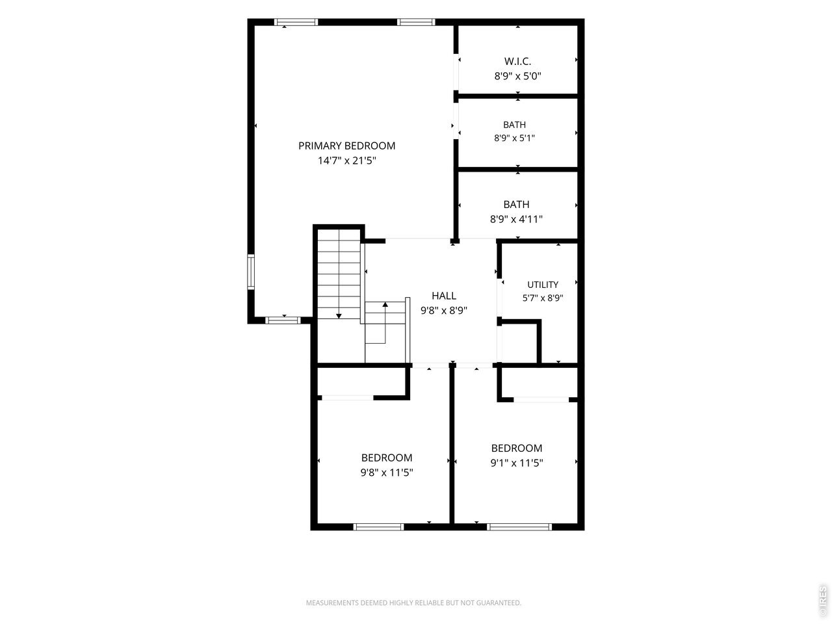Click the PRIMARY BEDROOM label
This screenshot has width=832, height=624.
pyautogui.click(x=346, y=146)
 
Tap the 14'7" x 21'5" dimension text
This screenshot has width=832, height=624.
pyautogui.click(x=346, y=161)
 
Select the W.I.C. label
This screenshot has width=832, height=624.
pyautogui.click(x=517, y=61)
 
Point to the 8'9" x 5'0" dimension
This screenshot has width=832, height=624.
pyautogui.click(x=517, y=76)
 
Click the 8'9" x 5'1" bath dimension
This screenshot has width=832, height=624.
pyautogui.click(x=514, y=138)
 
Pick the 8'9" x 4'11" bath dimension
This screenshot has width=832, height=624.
pyautogui.click(x=516, y=219)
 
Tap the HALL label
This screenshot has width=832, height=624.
pyautogui.click(x=444, y=296)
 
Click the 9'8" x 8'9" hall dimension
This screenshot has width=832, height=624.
pyautogui.click(x=444, y=311)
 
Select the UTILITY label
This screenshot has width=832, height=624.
pyautogui.click(x=543, y=285)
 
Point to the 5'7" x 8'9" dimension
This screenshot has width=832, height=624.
pyautogui.click(x=543, y=298)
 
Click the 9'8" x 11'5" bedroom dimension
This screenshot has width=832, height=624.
pyautogui.click(x=387, y=473)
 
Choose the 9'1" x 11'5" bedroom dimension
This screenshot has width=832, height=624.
pyautogui.click(x=517, y=463)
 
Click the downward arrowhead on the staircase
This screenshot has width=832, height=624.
pyautogui.click(x=339, y=316)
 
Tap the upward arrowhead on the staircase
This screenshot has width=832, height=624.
pyautogui.click(x=385, y=304)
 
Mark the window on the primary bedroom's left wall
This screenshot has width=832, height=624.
pyautogui.click(x=251, y=272)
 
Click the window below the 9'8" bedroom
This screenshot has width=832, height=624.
pyautogui.click(x=378, y=526)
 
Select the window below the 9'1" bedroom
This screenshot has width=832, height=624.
pyautogui.click(x=519, y=526)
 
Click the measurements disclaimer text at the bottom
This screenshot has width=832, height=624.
pyautogui.click(x=413, y=603)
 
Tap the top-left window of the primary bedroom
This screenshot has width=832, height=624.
pyautogui.click(x=296, y=22)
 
